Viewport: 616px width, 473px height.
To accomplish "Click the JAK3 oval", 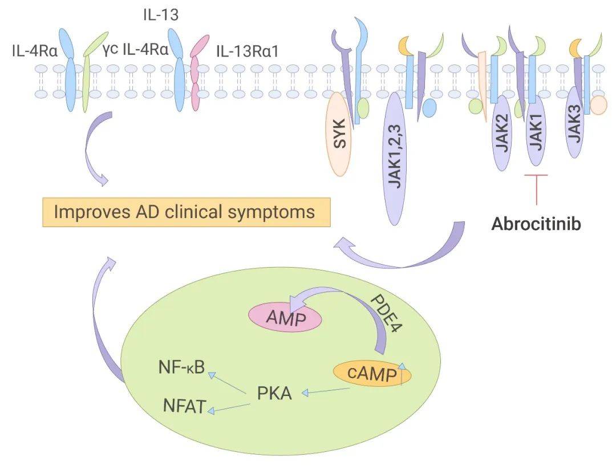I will pyautogui.click(x=574, y=122).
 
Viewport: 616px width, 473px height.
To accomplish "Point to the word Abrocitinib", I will pyautogui.click(x=536, y=224).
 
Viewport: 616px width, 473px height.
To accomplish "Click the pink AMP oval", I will pyautogui.click(x=285, y=317).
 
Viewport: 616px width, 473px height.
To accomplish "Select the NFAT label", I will pyautogui.click(x=184, y=407).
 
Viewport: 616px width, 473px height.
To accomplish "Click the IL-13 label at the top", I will pyautogui.click(x=160, y=15).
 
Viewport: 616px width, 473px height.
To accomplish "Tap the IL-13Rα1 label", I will pyautogui.click(x=247, y=51).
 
